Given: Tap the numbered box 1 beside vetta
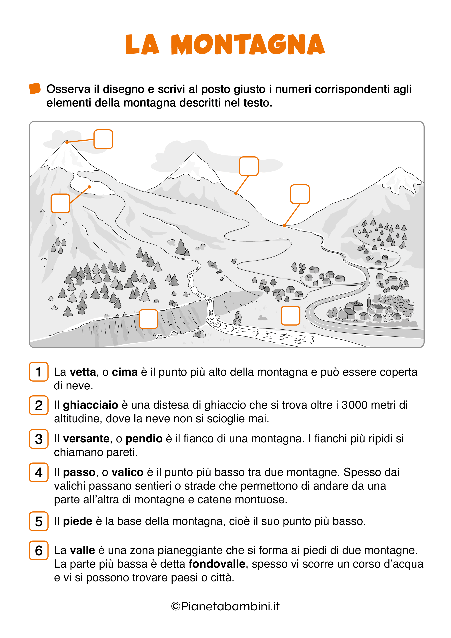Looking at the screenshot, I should [39, 372].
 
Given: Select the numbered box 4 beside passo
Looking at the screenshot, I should [39, 472].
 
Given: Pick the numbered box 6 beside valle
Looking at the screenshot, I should [39, 551].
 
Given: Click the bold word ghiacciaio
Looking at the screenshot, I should [91, 405].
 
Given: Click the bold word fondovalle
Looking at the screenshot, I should [217, 564].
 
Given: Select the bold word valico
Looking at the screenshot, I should [127, 472].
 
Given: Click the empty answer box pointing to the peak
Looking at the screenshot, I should [103, 139].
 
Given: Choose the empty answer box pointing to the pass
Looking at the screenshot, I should [300, 194].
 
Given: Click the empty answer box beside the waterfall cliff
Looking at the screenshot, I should [148, 319].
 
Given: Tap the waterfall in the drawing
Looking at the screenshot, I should [210, 308].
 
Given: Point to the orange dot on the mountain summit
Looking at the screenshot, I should [67, 142].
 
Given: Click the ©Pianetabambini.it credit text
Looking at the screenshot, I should [225, 606].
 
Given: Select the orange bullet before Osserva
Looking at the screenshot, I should [35, 89].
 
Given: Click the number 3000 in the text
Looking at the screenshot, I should [354, 405].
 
